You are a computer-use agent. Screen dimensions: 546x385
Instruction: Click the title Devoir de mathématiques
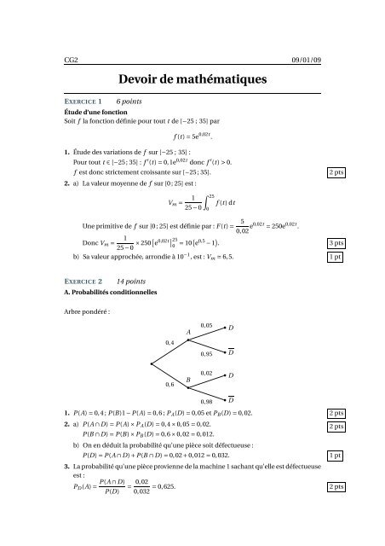[192, 78]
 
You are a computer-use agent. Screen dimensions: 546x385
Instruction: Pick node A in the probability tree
[187, 331]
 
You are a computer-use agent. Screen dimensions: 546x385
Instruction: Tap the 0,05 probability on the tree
[207, 325]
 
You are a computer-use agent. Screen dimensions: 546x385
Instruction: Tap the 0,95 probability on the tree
[207, 353]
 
